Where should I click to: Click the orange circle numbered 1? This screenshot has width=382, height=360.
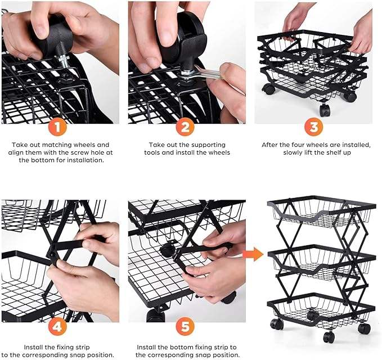click(57, 127)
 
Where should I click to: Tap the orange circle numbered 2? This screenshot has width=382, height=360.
click(185, 127)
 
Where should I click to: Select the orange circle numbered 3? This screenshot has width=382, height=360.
click(314, 127)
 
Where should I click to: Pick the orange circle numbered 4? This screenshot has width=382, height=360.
click(57, 327)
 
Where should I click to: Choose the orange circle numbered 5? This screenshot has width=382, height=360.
click(185, 327)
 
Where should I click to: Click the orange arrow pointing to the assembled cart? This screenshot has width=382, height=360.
click(253, 254)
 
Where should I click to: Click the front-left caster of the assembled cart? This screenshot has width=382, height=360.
click(277, 323)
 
